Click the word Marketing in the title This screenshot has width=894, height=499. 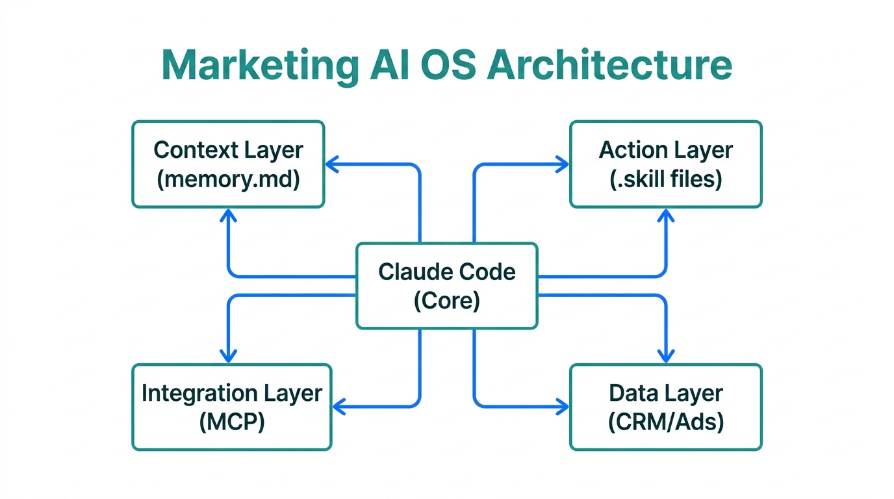(x=259, y=65)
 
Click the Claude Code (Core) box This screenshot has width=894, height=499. (x=447, y=286)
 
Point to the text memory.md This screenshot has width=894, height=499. (x=228, y=179)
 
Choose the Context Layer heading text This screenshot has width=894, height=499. (x=228, y=150)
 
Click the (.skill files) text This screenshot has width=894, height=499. (x=666, y=179)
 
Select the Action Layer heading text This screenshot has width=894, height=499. (x=666, y=150)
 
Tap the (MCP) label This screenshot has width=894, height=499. (x=231, y=422)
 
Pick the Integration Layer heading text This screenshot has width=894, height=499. (x=231, y=393)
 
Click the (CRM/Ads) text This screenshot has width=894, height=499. (x=666, y=422)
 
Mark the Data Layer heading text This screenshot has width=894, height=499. (x=666, y=393)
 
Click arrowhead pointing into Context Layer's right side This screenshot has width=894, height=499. (x=331, y=164)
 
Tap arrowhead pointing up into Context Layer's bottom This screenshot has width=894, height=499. (x=228, y=215)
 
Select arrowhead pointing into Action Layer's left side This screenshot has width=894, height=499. (x=563, y=164)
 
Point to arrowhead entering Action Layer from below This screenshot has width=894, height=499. (x=665, y=215)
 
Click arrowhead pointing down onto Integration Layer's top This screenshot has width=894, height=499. (x=228, y=356)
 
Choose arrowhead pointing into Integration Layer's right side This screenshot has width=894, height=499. (x=338, y=407)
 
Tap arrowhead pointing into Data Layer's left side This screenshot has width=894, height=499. (x=563, y=407)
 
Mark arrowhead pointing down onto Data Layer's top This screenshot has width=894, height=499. (x=665, y=356)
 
